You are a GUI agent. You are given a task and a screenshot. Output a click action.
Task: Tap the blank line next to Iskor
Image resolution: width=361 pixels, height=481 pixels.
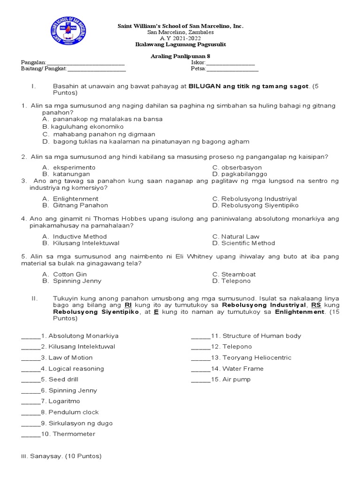point(231,63)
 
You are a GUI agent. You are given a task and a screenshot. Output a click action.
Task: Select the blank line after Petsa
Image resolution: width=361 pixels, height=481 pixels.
point(232,70)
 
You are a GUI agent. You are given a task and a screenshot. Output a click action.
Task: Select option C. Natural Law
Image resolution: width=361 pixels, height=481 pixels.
point(235,237)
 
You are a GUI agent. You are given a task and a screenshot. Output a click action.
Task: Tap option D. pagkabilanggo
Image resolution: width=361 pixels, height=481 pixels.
point(240,174)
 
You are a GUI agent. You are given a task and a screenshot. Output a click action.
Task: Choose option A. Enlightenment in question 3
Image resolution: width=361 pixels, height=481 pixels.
point(70,199)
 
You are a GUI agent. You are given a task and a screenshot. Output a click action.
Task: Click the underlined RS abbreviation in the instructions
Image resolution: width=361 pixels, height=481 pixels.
point(316,305)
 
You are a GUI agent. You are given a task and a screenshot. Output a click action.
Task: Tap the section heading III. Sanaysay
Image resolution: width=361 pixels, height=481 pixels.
point(61,456)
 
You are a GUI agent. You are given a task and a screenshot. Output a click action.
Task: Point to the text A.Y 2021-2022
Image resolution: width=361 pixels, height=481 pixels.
point(180,39)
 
